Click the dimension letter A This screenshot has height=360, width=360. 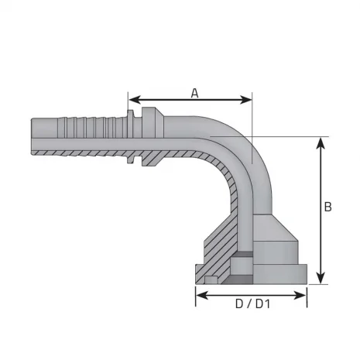coord(194,93)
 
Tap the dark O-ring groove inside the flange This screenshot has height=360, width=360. coord(245,255)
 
